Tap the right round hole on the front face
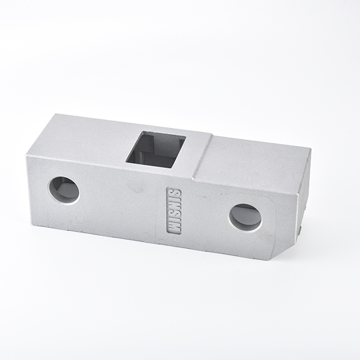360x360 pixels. point(245,218)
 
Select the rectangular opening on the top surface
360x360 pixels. point(156,149)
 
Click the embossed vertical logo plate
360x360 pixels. point(174,211)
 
